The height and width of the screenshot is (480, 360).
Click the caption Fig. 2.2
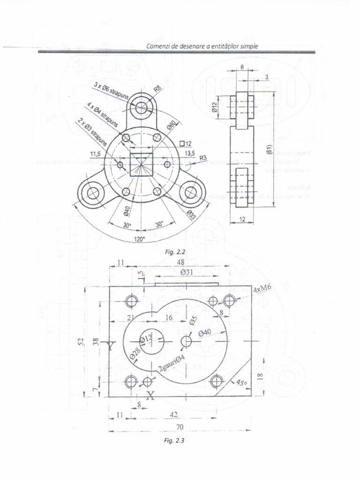176,252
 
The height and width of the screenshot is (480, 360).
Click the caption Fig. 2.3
180,441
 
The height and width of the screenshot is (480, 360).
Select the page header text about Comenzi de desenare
202,46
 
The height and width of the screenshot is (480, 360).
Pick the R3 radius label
203,158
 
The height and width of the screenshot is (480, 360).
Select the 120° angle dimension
140,239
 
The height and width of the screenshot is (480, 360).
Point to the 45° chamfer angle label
241,382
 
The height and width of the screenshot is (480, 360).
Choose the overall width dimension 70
180,427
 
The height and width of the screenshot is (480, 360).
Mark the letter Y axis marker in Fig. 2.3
111,346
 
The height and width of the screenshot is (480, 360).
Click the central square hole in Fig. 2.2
141,164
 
